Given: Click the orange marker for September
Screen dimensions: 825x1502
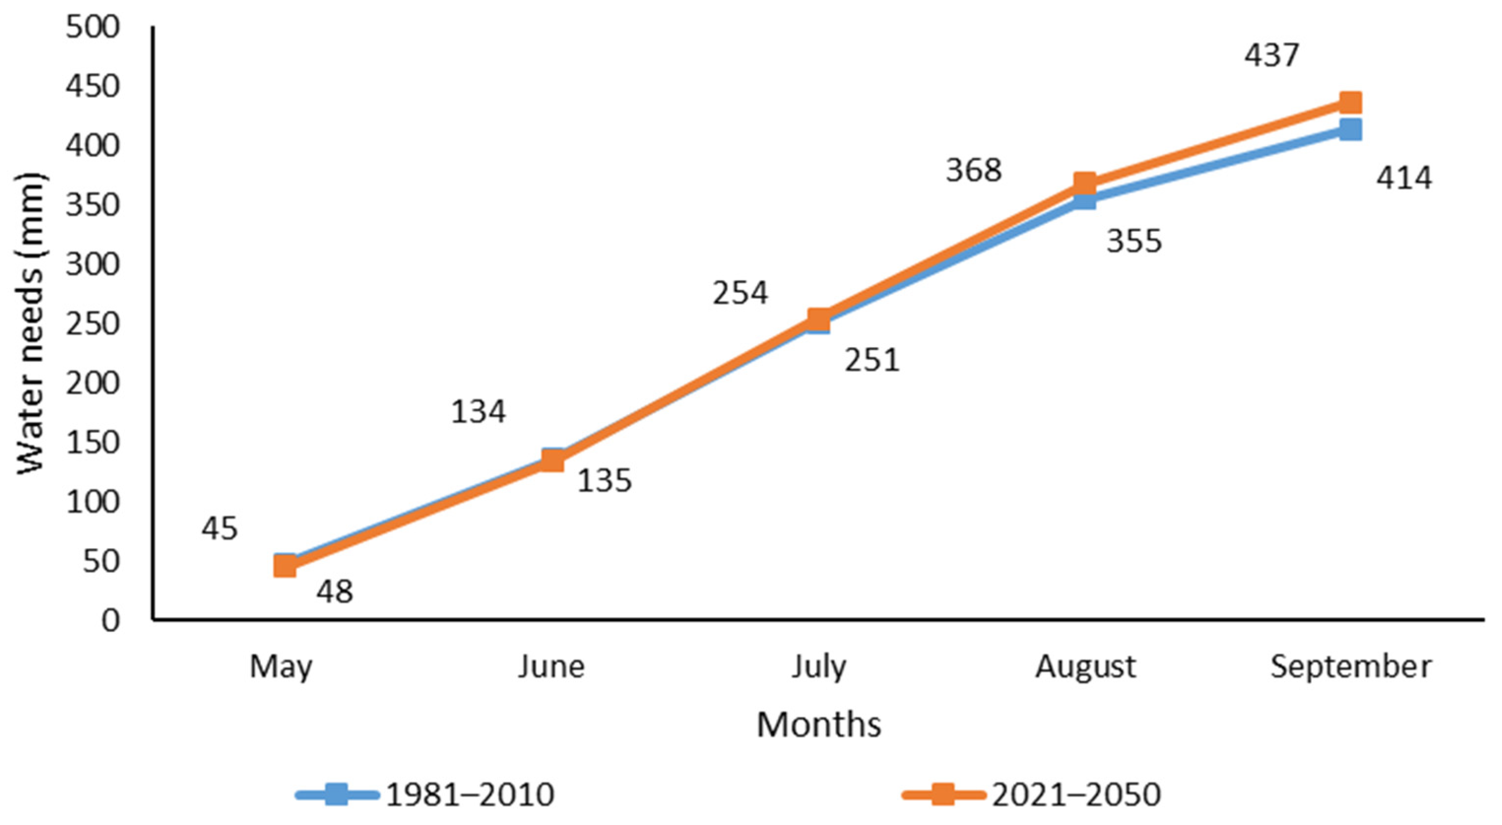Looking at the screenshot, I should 1351,102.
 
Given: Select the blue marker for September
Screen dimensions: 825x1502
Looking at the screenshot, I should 1351,129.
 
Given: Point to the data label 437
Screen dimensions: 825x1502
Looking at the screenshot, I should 1272,56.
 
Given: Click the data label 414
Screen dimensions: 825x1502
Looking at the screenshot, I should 1404,178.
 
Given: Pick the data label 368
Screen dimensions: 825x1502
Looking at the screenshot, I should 973,171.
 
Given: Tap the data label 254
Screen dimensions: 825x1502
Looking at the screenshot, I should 740,293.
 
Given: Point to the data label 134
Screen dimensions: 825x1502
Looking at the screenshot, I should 478,412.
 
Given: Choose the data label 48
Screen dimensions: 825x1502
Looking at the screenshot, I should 335,592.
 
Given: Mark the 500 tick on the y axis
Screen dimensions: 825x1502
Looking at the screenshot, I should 94,28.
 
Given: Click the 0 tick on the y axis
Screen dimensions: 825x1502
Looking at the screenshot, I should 110,620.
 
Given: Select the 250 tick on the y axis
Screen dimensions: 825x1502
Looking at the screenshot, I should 94,324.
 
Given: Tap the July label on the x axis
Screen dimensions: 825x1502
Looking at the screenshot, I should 818,666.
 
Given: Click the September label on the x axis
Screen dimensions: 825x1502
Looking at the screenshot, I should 1350,666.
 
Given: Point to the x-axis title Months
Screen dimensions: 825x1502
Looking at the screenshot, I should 819,725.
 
